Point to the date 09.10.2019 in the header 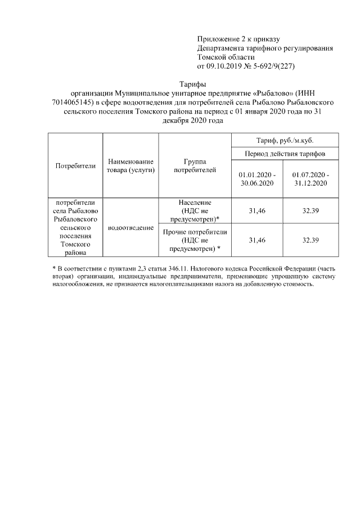tap(226, 66)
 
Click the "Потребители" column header tap(75, 166)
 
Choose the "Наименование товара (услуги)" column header tap(130, 166)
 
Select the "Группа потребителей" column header tap(195, 166)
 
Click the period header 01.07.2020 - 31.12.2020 tap(310, 179)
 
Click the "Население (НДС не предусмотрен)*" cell tap(195, 210)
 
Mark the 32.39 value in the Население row tap(310, 210)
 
